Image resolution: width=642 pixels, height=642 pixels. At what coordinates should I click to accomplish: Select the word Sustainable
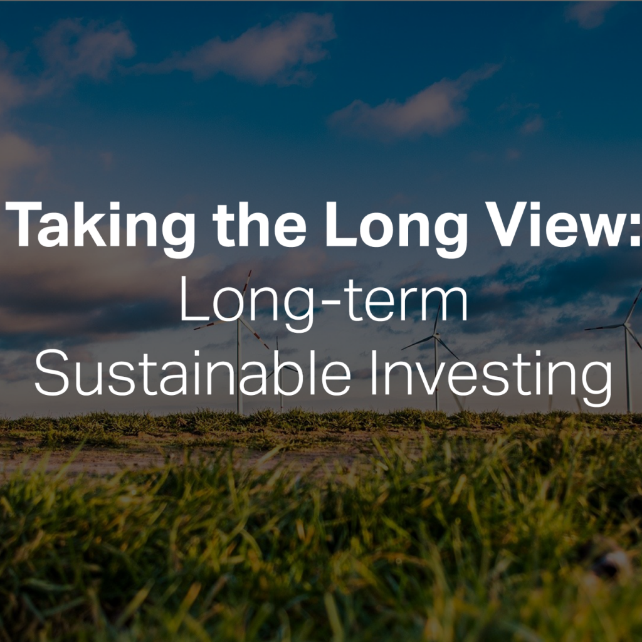193,372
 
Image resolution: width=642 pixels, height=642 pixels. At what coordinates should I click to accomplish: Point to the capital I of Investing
374,373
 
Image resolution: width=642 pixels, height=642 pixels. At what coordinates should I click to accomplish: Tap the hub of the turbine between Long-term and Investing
436,335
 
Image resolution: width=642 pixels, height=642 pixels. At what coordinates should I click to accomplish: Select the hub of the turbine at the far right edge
625,325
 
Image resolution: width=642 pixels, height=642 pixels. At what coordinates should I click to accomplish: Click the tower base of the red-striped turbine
239,412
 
